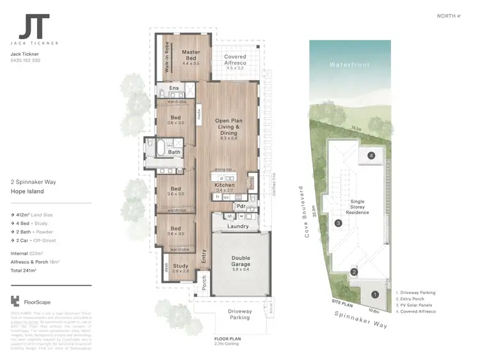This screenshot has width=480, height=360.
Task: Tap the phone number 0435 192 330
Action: pyautogui.click(x=26, y=60)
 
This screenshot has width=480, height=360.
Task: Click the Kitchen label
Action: pyautogui.click(x=224, y=185)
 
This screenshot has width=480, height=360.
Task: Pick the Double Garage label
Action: pyautogui.click(x=241, y=261)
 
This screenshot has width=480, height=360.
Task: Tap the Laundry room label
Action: pyautogui.click(x=237, y=226)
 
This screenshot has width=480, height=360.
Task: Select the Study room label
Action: pyautogui.click(x=180, y=266)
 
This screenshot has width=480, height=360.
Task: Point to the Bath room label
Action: pyautogui.click(x=174, y=152)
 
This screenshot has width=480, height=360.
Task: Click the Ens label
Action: pyautogui.click(x=173, y=88)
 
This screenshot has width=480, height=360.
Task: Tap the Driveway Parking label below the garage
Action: pyautogui.click(x=240, y=314)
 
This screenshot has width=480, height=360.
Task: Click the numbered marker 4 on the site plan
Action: pyautogui.click(x=371, y=156)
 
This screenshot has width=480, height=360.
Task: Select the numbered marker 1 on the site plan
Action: pyautogui.click(x=375, y=294)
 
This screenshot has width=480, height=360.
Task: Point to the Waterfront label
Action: pyautogui.click(x=346, y=65)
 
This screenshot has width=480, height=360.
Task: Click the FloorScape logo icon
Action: pyautogui.click(x=15, y=301)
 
